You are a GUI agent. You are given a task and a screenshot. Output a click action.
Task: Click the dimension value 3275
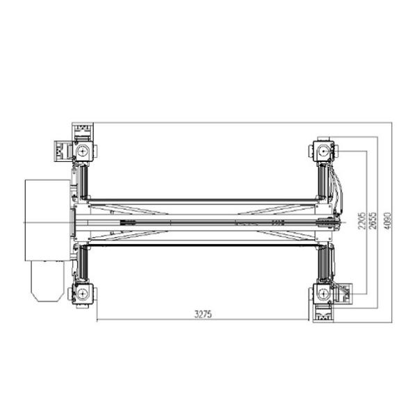pyautogui.click(x=203, y=314)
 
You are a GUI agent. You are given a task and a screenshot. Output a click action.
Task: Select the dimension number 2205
pyautogui.click(x=362, y=221)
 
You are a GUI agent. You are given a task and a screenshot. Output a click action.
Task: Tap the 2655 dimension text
pyautogui.click(x=373, y=221)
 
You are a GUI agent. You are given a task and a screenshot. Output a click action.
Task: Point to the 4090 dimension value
pyautogui.click(x=387, y=221)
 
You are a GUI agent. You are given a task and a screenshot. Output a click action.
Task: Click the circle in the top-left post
pyautogui.click(x=83, y=152)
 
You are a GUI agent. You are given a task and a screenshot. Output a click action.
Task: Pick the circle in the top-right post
pyautogui.click(x=324, y=152)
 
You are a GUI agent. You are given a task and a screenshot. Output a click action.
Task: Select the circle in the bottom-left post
pyautogui.click(x=83, y=293)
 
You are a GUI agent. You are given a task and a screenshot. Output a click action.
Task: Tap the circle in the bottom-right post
pyautogui.click(x=324, y=293)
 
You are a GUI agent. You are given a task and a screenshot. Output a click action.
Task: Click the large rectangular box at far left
pyautogui.click(x=47, y=220)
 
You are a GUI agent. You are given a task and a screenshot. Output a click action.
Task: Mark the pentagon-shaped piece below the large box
pyautogui.click(x=47, y=281)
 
